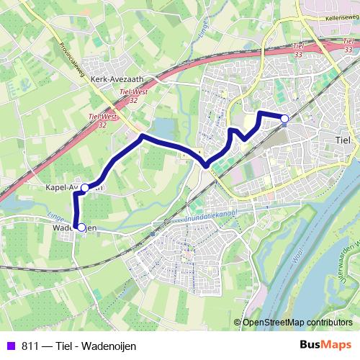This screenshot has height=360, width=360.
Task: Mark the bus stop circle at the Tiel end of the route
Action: coord(284,118)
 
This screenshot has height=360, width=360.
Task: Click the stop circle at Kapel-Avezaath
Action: coord(85,188)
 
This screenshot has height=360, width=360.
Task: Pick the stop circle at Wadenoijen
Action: coord(81,228)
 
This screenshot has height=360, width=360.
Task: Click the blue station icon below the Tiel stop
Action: coord(284,125)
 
